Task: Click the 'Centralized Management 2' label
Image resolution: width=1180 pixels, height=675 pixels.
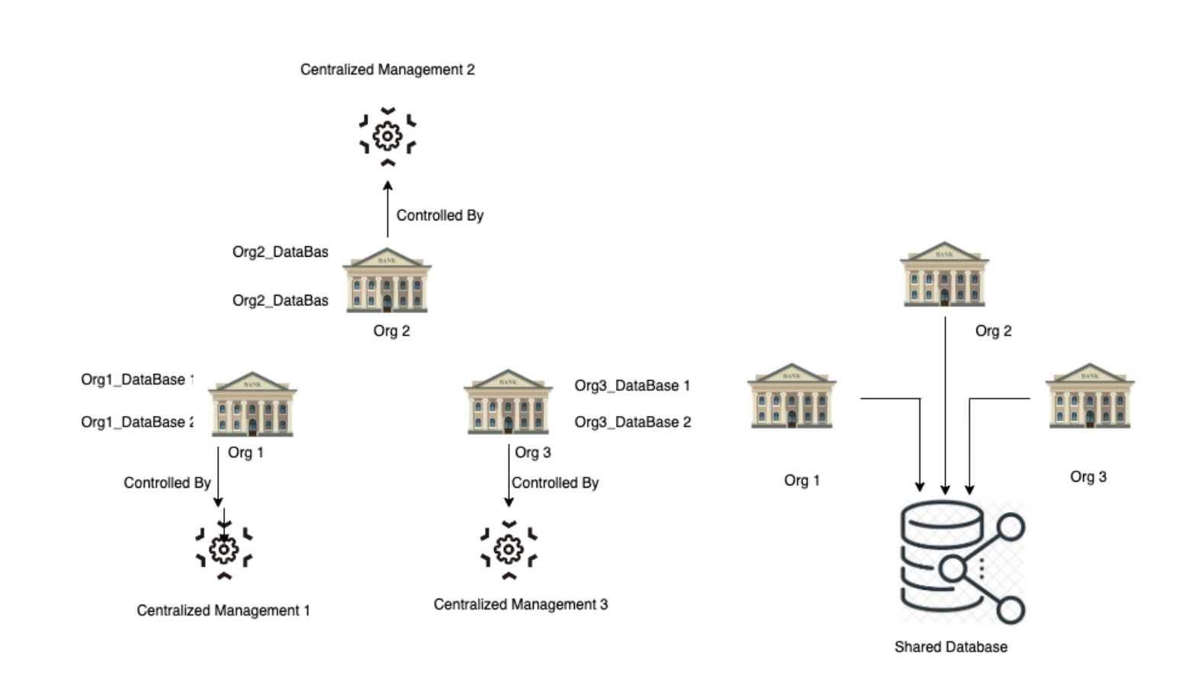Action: click(387, 69)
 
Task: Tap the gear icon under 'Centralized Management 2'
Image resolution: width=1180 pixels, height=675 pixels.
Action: click(387, 136)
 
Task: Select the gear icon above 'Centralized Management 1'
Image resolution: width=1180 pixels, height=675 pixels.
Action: click(224, 549)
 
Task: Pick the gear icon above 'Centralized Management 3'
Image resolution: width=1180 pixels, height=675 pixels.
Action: click(508, 549)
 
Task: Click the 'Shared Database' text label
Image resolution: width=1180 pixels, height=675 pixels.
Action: click(951, 647)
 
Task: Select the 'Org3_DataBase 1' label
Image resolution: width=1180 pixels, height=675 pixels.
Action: click(632, 385)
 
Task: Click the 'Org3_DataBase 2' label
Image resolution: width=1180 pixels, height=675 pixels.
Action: click(633, 422)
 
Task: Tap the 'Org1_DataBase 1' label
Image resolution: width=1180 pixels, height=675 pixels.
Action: click(137, 379)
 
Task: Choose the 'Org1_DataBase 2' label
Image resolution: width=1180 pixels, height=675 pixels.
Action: click(137, 422)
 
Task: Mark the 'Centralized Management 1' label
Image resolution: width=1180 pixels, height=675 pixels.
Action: click(223, 610)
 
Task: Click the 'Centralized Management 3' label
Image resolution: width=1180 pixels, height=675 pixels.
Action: click(521, 604)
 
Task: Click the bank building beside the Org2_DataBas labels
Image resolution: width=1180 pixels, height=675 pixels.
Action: click(386, 280)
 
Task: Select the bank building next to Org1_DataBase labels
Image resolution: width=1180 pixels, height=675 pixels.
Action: click(252, 404)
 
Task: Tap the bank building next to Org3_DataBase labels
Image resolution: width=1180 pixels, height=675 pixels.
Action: click(508, 402)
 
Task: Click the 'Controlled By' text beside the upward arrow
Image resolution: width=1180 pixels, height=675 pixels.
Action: click(440, 216)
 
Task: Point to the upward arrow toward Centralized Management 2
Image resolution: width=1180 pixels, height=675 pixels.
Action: click(387, 209)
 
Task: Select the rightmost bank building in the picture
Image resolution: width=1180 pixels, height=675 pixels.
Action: click(1089, 396)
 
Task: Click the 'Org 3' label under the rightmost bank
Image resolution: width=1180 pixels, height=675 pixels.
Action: click(1088, 477)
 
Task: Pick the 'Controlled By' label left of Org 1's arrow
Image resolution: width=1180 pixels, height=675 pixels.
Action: click(167, 483)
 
